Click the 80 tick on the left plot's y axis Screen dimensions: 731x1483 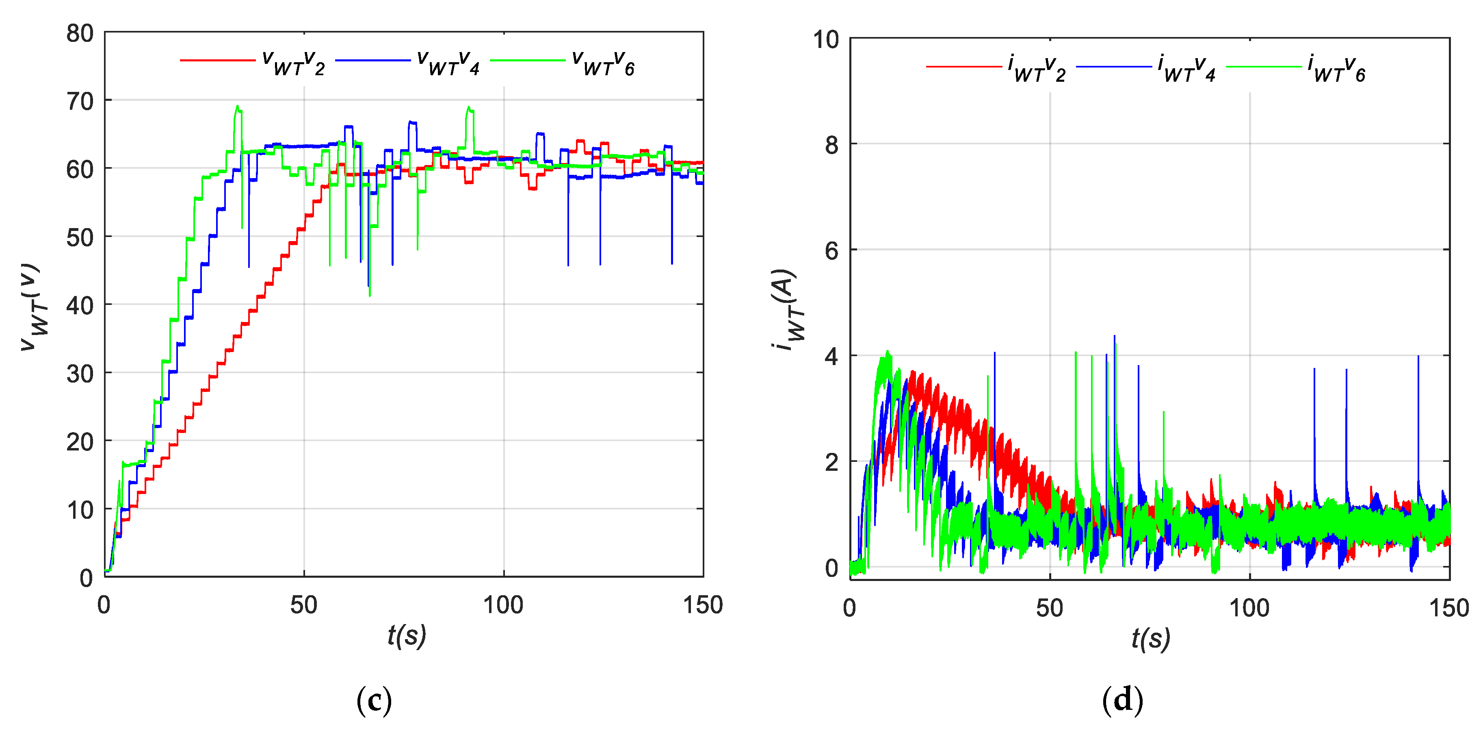[80, 33]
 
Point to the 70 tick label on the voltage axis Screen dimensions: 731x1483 [80, 101]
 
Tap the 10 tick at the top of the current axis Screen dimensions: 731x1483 [825, 40]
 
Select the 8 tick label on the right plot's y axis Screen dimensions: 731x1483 [831, 145]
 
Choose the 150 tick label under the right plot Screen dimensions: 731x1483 [1448, 608]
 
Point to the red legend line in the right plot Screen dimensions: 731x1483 [964, 67]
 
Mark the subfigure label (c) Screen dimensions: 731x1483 [374, 700]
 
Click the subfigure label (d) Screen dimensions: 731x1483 [1122, 700]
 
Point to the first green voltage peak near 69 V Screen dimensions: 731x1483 [237, 107]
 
